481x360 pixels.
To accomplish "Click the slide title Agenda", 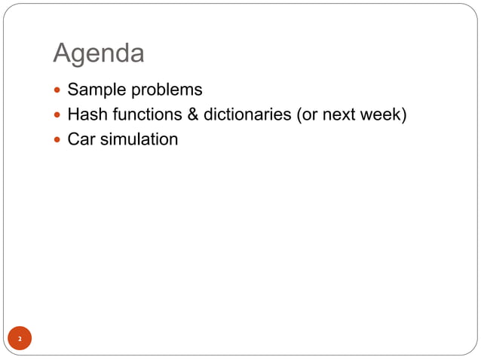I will point(99,54).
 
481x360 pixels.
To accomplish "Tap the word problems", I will point(166,90).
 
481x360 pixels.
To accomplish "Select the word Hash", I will point(85,115).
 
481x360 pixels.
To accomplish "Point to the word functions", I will point(142,115).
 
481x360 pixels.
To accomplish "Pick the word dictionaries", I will point(246,115).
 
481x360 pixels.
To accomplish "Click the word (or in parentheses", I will point(308,115).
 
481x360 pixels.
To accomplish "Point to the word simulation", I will point(139,139).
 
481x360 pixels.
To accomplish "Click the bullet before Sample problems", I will point(58,91).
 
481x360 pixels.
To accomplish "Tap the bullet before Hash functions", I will point(58,116).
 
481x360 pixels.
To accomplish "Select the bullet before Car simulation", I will point(58,140).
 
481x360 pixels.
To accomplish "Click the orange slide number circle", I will point(20,339).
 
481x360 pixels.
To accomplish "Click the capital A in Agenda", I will point(63,53).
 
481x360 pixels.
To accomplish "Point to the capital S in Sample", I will point(73,90).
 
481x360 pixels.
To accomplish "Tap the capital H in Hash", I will point(73,115).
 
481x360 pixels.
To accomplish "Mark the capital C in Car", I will point(74,139).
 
